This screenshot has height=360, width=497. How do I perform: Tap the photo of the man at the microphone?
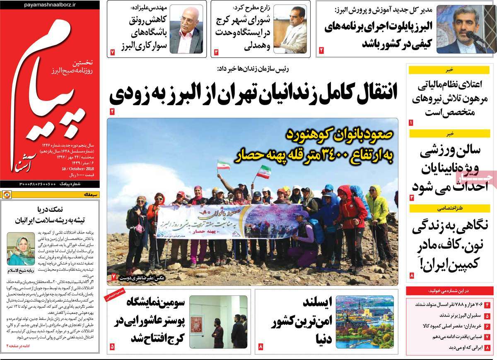pos(461,29)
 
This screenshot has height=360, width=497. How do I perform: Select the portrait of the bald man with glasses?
pos(186,29)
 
